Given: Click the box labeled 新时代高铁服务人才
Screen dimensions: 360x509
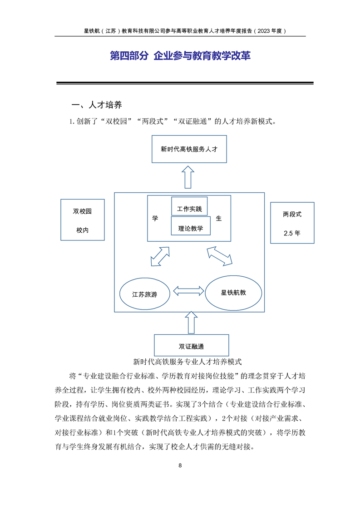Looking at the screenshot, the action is (189, 149).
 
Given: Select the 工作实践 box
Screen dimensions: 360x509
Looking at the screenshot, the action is (189, 206).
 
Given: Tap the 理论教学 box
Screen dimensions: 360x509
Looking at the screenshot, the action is (191, 225).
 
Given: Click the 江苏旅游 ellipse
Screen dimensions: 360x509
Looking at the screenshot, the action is (145, 294).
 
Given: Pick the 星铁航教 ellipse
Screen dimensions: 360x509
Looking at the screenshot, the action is (233, 293).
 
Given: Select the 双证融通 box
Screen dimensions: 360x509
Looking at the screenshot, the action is (192, 345).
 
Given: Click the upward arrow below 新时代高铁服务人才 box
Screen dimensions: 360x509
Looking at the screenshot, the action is (188, 177).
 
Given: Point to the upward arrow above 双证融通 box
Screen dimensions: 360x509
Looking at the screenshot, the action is (191, 323).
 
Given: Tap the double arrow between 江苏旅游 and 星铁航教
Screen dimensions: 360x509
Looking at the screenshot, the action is (188, 291).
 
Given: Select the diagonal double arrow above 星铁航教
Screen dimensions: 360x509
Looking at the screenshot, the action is (220, 256).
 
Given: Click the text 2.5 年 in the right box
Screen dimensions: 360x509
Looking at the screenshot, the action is (292, 233).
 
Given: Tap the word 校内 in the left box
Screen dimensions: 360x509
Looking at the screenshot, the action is (83, 230).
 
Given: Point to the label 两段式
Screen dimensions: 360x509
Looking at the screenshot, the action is (292, 214).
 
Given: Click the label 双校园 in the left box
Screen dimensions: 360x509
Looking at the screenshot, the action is (82, 211).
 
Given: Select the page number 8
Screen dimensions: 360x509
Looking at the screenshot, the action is (180, 465).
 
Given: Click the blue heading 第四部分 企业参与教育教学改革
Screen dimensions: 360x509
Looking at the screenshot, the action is (180, 55).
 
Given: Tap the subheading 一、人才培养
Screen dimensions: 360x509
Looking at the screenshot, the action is (97, 105).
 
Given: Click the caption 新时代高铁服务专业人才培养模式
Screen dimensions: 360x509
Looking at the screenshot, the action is (187, 362).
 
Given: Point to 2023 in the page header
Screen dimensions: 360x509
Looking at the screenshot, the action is (263, 31).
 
